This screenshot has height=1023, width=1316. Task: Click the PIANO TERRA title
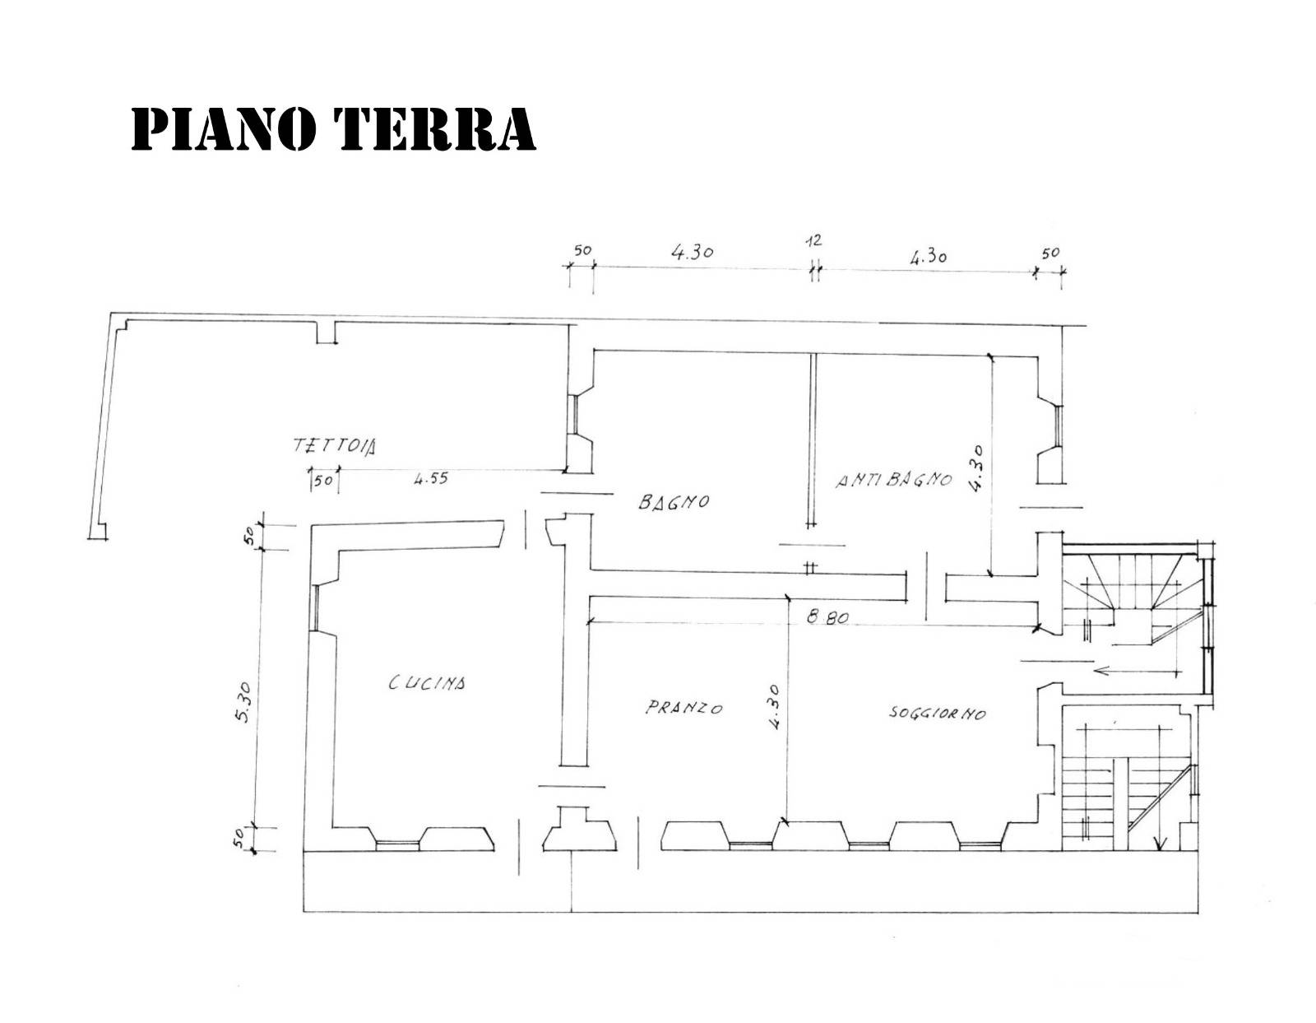pyautogui.click(x=334, y=129)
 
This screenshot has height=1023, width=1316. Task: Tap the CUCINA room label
pyautogui.click(x=427, y=682)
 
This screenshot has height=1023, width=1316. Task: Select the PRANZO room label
pyautogui.click(x=684, y=708)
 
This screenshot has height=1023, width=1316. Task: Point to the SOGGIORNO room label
pyautogui.click(x=937, y=713)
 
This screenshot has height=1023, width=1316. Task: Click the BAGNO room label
pyautogui.click(x=674, y=501)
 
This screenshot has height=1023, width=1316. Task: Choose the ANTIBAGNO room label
pyautogui.click(x=894, y=481)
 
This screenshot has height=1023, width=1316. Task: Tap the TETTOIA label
pyautogui.click(x=334, y=446)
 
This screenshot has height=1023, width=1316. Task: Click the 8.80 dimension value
pyautogui.click(x=827, y=618)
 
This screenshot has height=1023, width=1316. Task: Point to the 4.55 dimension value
pyautogui.click(x=431, y=478)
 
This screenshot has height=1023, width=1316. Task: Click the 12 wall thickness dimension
pyautogui.click(x=814, y=240)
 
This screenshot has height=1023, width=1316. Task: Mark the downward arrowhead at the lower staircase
pyautogui.click(x=1160, y=843)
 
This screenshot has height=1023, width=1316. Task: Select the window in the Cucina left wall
pyautogui.click(x=316, y=607)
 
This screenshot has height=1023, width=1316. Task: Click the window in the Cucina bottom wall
pyautogui.click(x=397, y=845)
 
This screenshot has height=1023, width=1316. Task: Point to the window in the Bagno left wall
pyautogui.click(x=572, y=414)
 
